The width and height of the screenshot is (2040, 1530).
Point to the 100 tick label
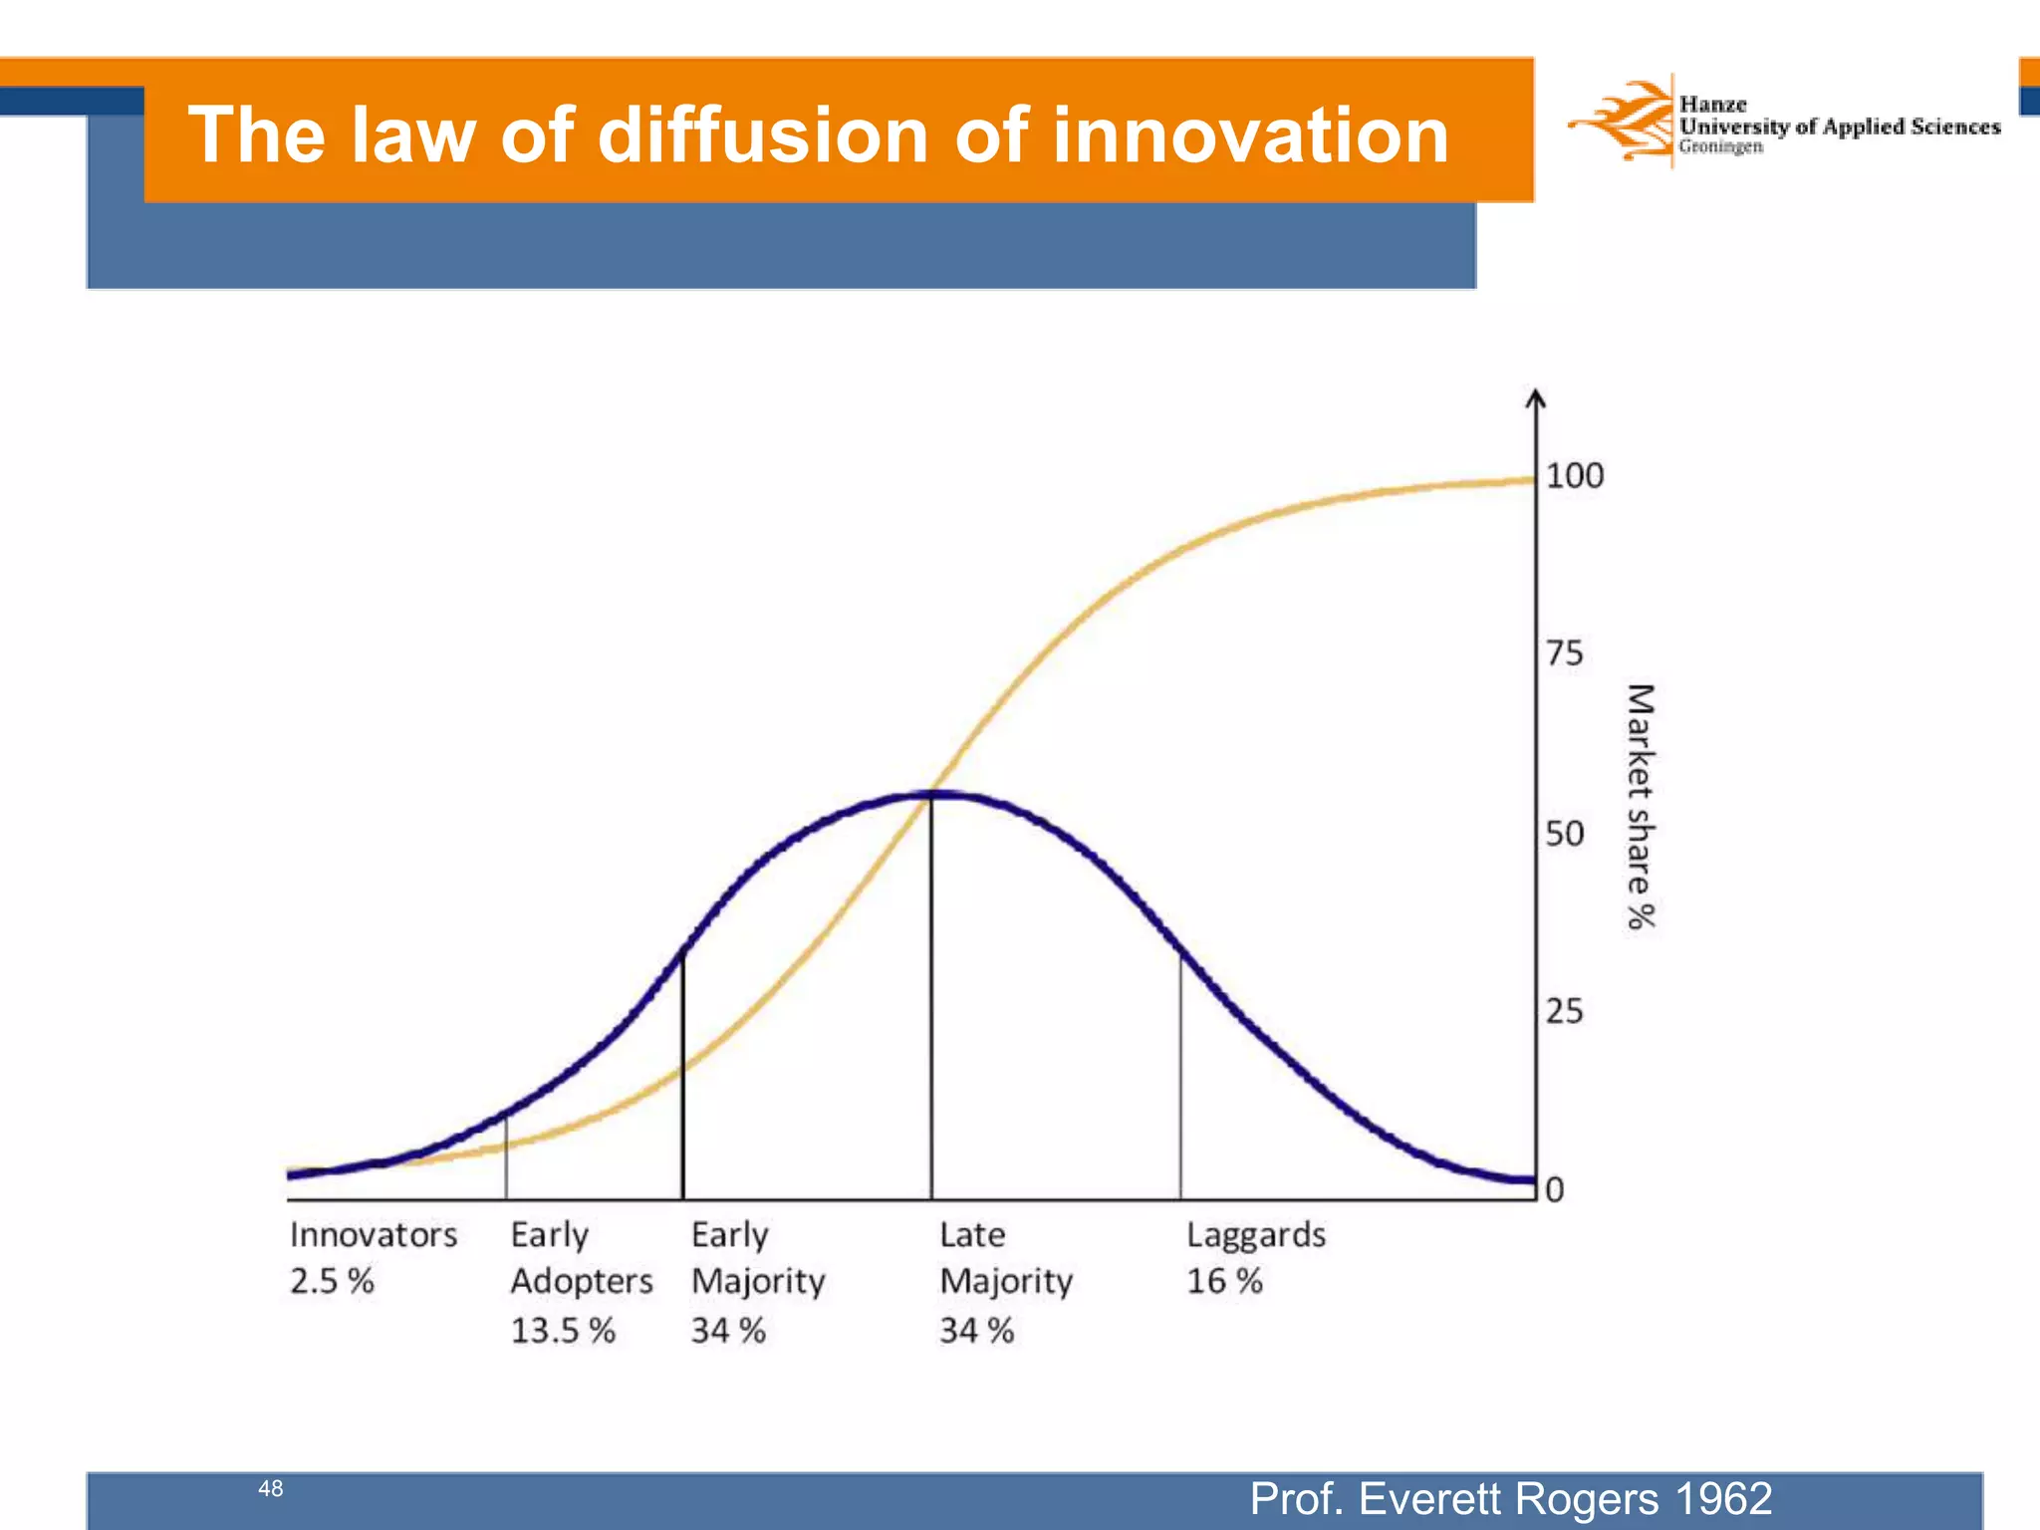(1574, 476)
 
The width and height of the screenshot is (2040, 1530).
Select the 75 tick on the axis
(1564, 653)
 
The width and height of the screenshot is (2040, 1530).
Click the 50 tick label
(1564, 833)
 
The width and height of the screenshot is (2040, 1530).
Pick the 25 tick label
(1564, 1012)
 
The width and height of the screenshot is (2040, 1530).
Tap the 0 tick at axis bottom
(1555, 1189)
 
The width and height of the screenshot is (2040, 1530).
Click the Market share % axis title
(1641, 807)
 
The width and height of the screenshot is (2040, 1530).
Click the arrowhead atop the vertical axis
(1536, 397)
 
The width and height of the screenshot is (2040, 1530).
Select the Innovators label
(374, 1235)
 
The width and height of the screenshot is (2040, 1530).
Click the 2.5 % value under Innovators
(332, 1281)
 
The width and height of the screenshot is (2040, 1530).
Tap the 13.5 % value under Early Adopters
(563, 1331)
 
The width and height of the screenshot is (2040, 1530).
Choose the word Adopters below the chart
(582, 1281)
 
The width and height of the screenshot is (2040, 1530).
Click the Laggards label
(1255, 1235)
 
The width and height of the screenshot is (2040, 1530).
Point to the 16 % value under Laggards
(1224, 1281)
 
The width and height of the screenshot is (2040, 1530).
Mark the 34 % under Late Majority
(976, 1331)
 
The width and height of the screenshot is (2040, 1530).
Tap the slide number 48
(270, 1488)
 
